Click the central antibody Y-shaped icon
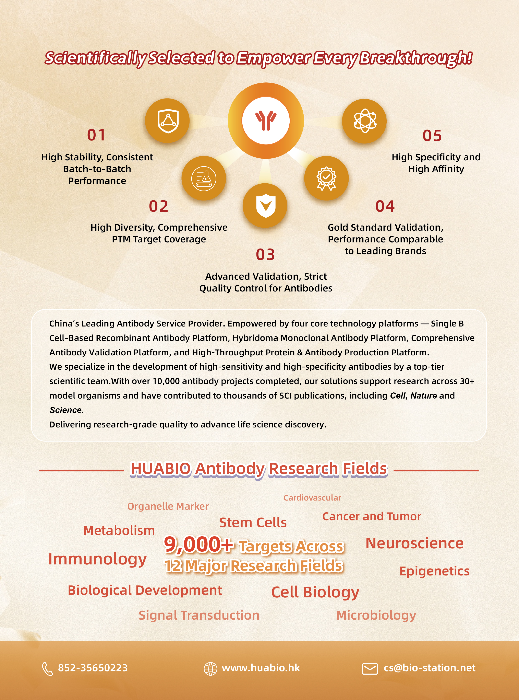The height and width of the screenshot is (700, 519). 266,121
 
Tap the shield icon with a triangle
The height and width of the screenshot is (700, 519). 167,121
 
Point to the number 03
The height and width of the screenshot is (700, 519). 265,254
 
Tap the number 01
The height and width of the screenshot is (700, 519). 96,135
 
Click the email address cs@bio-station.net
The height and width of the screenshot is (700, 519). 430,668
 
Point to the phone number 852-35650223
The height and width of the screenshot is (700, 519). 93,668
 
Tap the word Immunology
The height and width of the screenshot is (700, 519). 97,559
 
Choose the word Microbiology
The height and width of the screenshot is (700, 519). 376,615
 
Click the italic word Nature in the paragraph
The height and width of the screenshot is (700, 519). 423,396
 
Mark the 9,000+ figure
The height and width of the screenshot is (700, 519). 198,544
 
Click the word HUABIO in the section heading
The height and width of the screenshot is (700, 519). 160,469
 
